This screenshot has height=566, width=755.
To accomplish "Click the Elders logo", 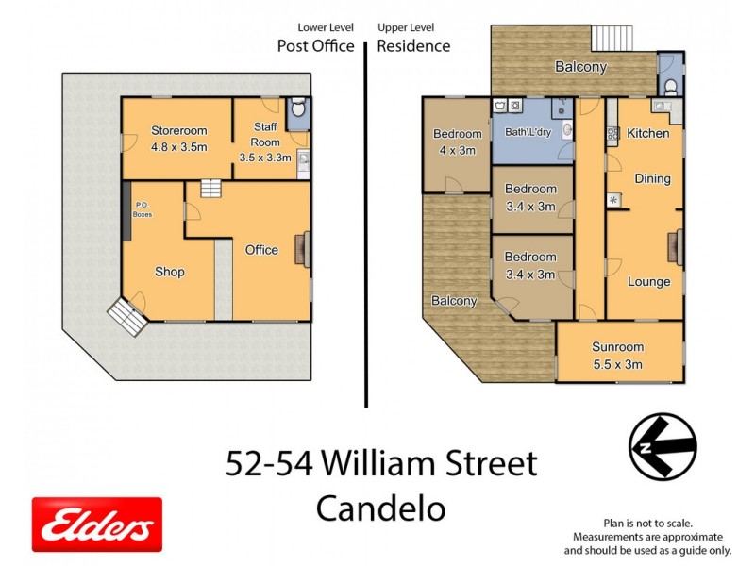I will [97, 524].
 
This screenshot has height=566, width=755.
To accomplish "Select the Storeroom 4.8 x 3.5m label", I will [178, 139].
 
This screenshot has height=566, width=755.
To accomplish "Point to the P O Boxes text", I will [143, 209].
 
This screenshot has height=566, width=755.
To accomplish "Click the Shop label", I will [170, 272].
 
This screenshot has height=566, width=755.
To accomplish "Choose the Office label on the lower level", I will [261, 250].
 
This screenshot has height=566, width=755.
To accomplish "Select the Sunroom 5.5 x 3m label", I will [618, 356].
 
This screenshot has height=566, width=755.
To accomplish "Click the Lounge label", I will [648, 281].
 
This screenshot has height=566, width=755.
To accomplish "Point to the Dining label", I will [652, 178].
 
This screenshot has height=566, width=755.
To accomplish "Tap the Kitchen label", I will [648, 133].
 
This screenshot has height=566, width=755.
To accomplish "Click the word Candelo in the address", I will [381, 508].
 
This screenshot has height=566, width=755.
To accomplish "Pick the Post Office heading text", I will [315, 45].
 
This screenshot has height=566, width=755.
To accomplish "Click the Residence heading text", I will [413, 45].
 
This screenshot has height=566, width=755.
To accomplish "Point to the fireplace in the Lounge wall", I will [677, 248].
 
